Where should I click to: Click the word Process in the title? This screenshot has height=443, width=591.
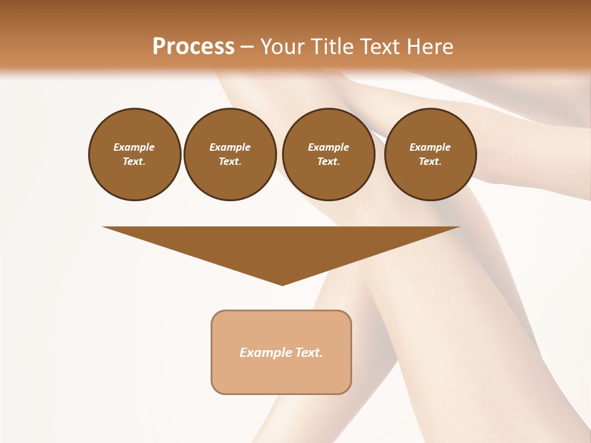pos(193,47)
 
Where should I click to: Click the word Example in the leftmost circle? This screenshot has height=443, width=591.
pos(134,147)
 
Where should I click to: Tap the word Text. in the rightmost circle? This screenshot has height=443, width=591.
pos(430,162)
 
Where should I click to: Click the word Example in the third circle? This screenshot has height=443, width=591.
pos(328,147)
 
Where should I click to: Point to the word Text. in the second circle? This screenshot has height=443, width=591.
pos(230,162)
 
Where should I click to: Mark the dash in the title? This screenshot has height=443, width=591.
pos(246,47)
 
